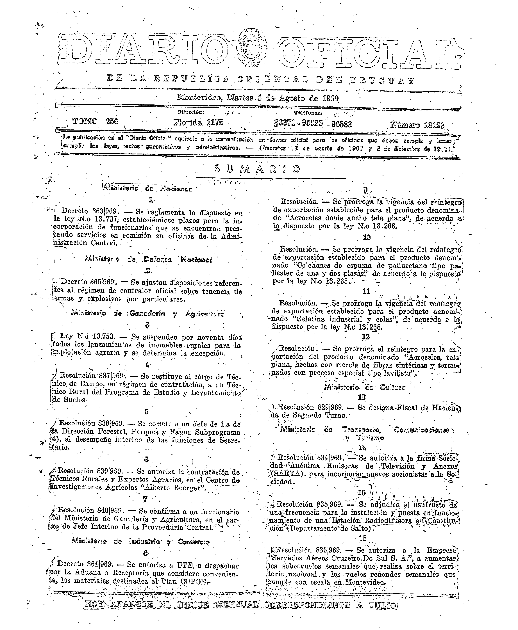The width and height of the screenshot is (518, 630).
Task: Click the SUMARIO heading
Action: point(257,169)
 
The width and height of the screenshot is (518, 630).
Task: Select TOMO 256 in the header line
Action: point(95,121)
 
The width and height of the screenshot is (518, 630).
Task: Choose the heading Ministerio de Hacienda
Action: point(148,189)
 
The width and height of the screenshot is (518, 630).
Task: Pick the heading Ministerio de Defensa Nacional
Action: point(148,259)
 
